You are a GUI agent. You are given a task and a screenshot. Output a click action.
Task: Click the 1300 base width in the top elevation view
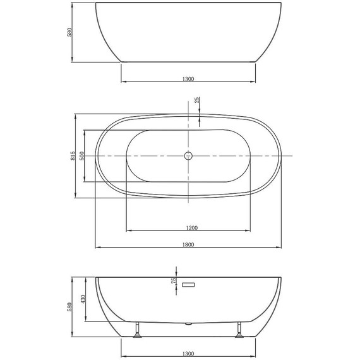[x=188, y=79]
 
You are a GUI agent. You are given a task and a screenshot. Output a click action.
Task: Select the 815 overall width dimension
[x=73, y=155]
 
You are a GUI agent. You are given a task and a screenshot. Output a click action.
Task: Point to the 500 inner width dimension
[x=83, y=155]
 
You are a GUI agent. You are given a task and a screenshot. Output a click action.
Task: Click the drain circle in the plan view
[x=188, y=155]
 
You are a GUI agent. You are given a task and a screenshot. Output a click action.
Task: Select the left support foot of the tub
[x=137, y=331]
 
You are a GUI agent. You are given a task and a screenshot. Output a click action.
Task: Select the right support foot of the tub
[x=240, y=331]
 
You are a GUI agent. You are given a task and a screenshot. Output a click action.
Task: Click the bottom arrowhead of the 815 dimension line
[x=76, y=196]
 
